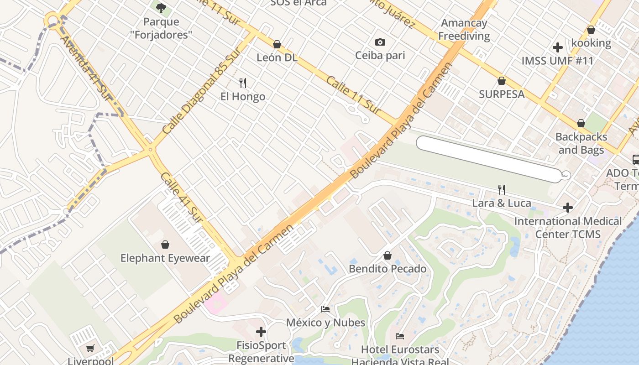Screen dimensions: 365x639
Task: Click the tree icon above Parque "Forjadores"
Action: pos(161,8)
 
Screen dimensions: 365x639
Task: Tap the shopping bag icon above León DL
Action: pos(277,44)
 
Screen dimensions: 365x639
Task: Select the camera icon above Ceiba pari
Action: pos(380,42)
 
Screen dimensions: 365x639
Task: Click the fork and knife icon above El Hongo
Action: pos(243,83)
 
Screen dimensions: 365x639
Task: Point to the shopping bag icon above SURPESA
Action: pos(502,81)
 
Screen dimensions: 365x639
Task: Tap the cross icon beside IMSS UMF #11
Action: pos(557,47)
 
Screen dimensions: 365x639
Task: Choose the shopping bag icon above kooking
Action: pos(591,30)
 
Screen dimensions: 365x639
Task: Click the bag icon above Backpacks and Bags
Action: pos(581,123)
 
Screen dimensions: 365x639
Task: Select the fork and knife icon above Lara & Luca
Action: pos(502,189)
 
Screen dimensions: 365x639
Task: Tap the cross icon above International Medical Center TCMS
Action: pos(568,208)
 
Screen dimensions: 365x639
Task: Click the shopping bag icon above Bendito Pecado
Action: pos(388,255)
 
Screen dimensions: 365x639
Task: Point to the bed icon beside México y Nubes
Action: pos(325,309)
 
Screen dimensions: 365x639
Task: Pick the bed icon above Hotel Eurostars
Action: pos(400,336)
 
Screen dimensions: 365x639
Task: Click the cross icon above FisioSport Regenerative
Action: pos(261,332)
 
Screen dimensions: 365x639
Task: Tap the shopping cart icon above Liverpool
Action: pos(90,348)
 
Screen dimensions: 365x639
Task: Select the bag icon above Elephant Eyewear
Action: pos(165,245)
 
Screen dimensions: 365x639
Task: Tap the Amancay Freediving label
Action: pos(464,29)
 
